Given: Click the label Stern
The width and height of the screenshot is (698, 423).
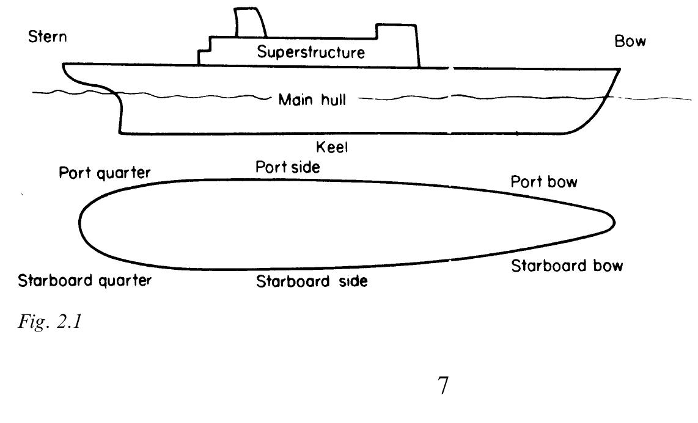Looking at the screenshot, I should (x=48, y=37).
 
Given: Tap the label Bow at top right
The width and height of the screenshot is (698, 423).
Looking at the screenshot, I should (x=630, y=42).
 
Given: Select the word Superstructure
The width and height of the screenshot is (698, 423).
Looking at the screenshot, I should (x=311, y=52).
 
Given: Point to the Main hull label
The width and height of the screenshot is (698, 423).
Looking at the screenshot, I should (x=312, y=99).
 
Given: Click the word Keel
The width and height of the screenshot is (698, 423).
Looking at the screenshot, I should (x=332, y=146).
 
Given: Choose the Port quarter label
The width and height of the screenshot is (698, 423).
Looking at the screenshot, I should (x=105, y=173).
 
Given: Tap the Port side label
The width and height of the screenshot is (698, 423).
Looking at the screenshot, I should (x=287, y=167).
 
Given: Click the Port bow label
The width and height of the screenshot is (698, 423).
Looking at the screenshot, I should (x=544, y=182).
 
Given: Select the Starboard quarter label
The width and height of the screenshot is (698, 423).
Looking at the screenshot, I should (x=84, y=281).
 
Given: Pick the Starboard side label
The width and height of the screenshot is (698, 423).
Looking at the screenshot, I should (x=312, y=282).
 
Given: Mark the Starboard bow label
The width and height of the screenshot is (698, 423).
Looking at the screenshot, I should (x=567, y=266).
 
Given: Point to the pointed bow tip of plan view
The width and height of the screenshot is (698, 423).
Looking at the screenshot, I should (x=613, y=222).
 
